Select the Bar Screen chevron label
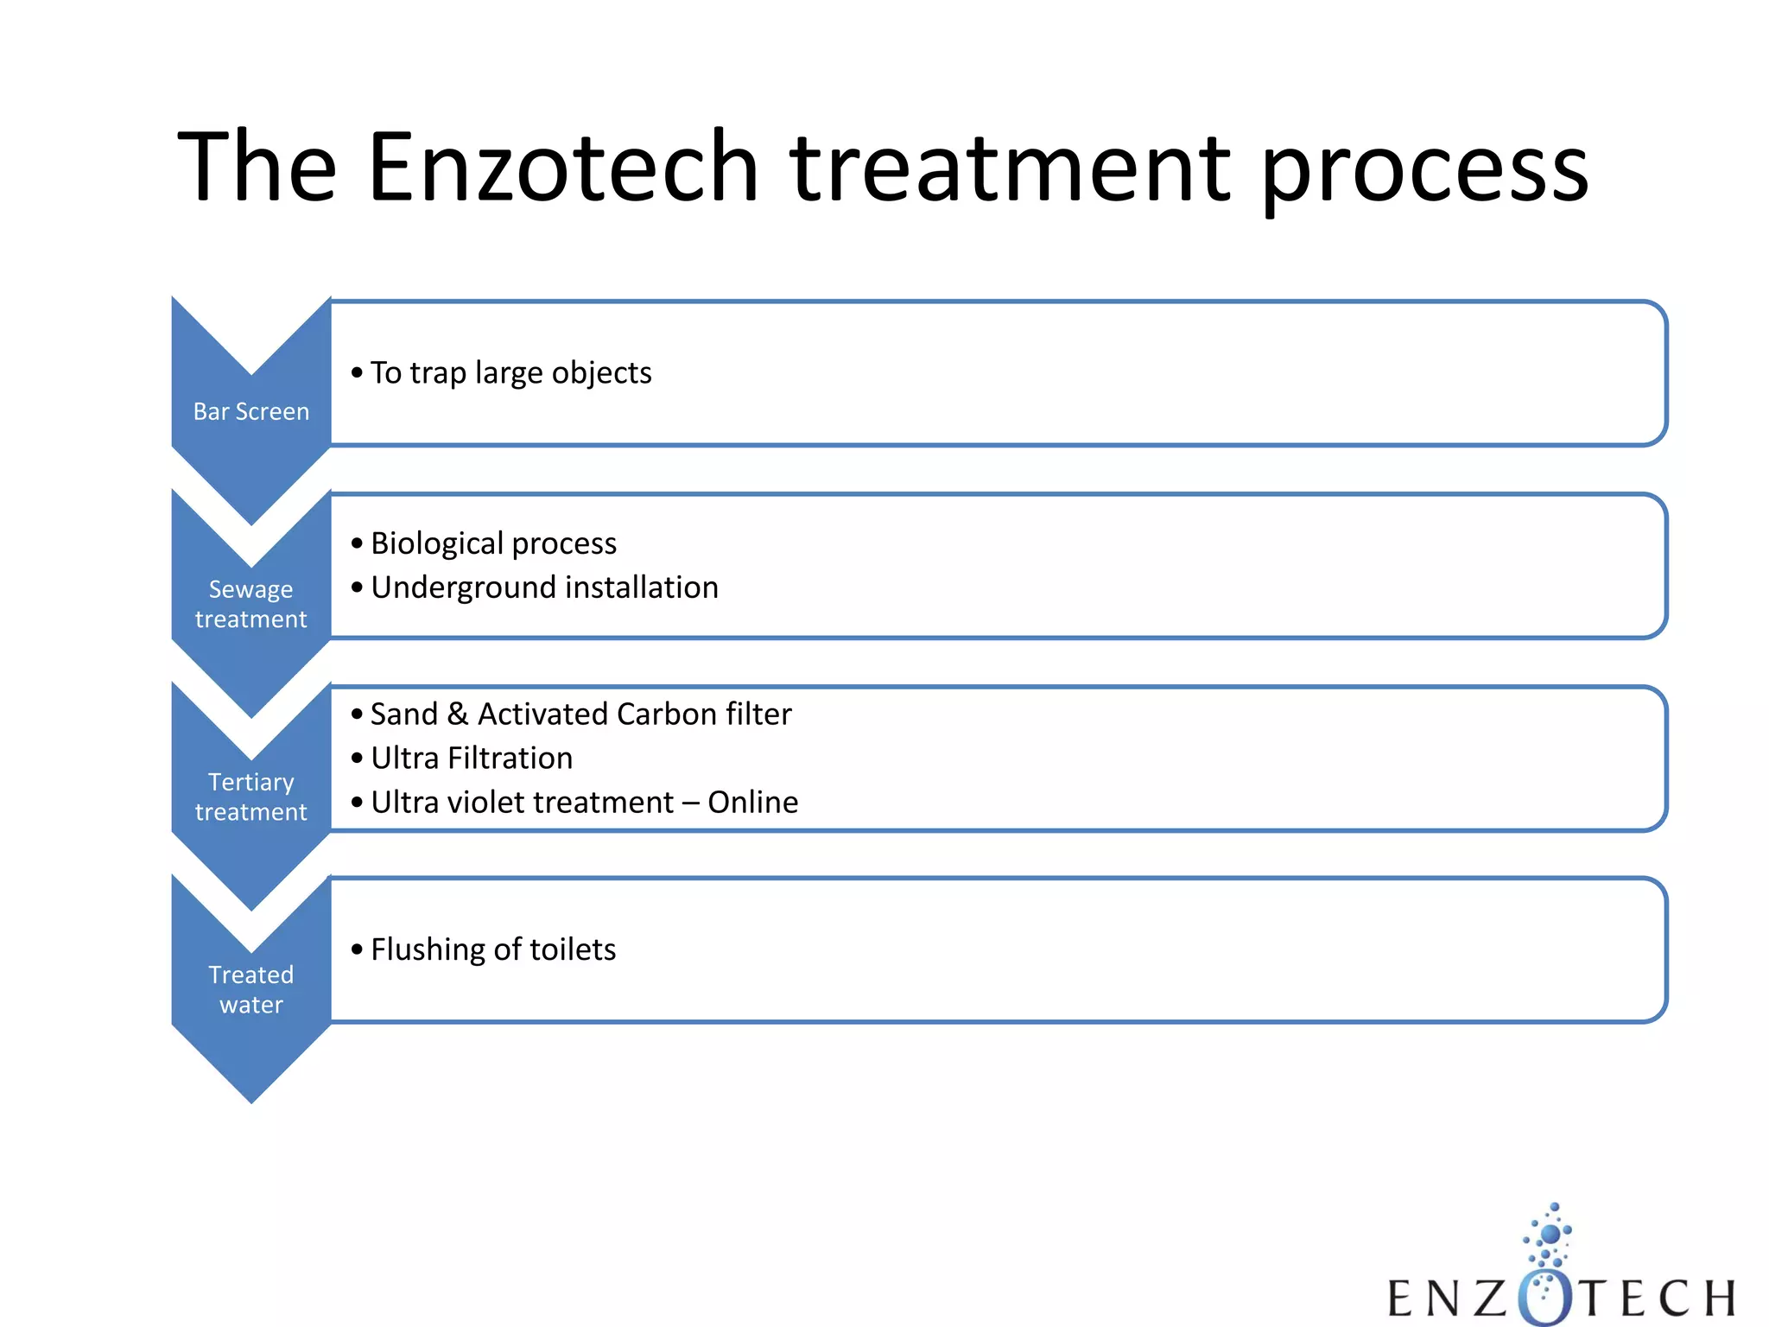point(250,411)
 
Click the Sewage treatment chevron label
point(250,604)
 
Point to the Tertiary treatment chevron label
point(250,797)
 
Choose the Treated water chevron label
point(250,989)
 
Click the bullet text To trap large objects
point(510,373)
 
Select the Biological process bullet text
point(493,543)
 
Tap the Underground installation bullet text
point(544,587)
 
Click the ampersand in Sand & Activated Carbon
point(458,714)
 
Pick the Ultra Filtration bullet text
point(472,759)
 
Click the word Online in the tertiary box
point(753,803)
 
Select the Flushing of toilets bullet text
point(493,949)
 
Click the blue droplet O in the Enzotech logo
point(1545,1296)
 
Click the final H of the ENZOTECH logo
point(1719,1298)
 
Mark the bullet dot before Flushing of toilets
point(357,949)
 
